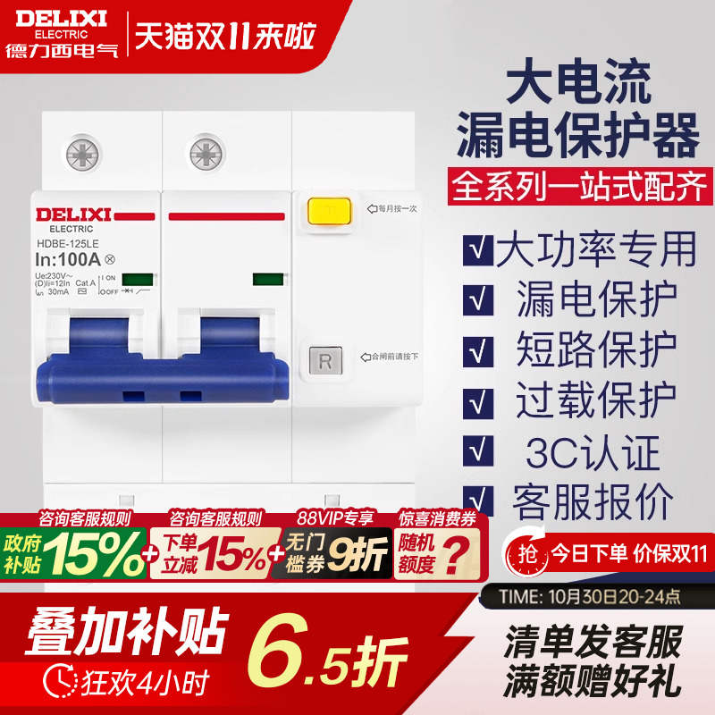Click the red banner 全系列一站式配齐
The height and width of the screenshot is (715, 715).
581,187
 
